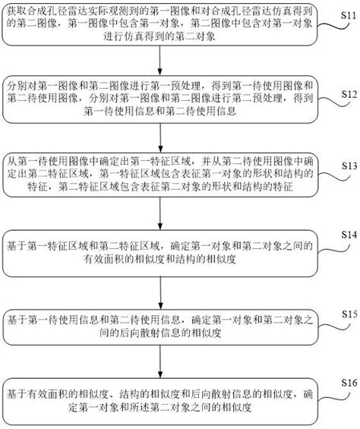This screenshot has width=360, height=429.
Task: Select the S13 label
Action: pyautogui.click(x=348, y=165)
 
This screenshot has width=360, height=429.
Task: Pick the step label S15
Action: pyautogui.click(x=348, y=313)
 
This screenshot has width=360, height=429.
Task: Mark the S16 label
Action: pyautogui.click(x=348, y=382)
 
